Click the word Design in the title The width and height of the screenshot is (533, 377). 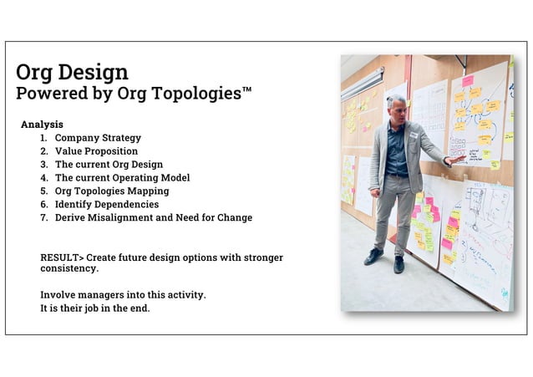[96, 72]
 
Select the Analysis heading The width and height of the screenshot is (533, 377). [42, 125]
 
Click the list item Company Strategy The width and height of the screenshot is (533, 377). [98, 138]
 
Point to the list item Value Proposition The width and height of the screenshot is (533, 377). [96, 151]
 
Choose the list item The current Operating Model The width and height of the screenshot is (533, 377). [122, 178]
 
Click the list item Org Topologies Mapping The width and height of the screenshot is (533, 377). [112, 191]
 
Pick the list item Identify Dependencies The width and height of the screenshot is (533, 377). [106, 205]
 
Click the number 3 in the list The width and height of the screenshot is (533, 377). [43, 165]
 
